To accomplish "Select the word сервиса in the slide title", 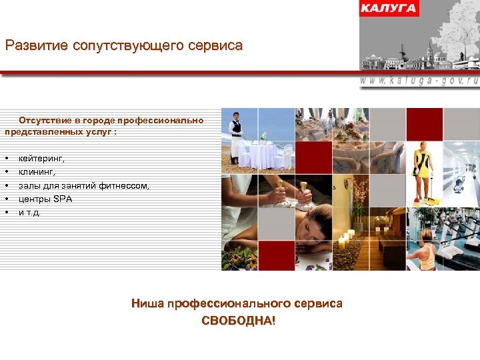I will click(214, 46).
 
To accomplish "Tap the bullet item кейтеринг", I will click(42, 159).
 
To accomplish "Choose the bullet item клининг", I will click(37, 172).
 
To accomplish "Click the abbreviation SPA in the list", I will click(63, 199).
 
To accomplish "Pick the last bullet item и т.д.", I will click(29, 212).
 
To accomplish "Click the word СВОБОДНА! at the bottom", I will click(237, 321).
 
